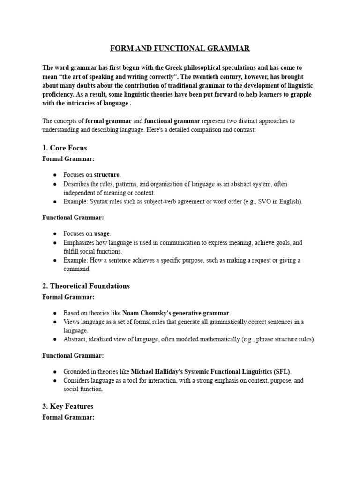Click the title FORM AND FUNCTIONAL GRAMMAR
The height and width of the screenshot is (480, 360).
point(180,48)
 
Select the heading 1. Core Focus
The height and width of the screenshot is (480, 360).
point(65,148)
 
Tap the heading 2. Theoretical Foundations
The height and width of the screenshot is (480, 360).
point(86,285)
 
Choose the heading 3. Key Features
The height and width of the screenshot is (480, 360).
point(68,406)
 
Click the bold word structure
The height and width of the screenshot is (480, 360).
point(107,175)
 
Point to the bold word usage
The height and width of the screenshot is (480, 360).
point(102,233)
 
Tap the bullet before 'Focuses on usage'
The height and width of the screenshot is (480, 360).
point(55,233)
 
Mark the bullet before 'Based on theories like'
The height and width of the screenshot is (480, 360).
point(55,313)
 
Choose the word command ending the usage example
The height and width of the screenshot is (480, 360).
point(76,269)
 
